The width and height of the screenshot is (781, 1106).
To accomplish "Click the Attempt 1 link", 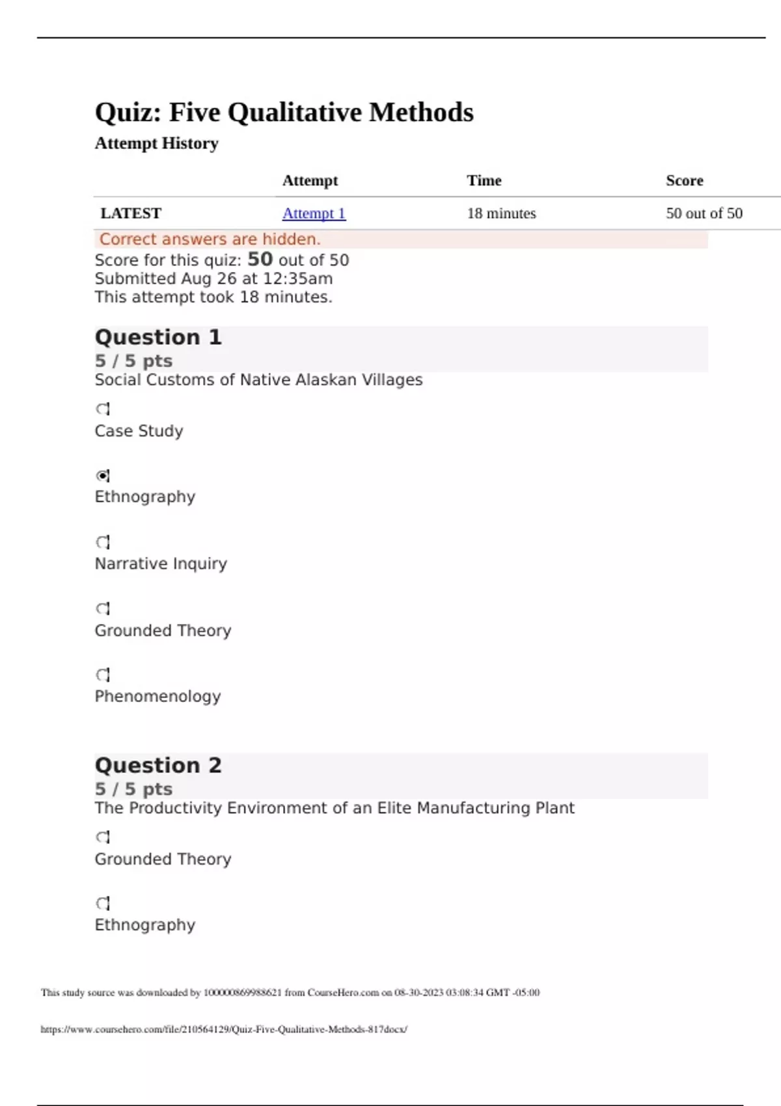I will (314, 213).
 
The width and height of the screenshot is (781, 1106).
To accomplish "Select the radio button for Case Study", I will (103, 409).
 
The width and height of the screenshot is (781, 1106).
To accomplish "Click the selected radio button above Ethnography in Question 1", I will (103, 476).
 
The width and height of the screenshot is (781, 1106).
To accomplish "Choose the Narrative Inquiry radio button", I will (103, 542).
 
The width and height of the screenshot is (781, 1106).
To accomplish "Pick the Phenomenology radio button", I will (103, 675).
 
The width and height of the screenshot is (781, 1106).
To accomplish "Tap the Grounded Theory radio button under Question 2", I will (103, 837).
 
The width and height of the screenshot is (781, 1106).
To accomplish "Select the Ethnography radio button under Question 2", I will (103, 904).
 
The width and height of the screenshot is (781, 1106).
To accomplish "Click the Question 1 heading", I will (158, 337).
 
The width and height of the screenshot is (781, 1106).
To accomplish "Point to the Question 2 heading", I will (158, 765).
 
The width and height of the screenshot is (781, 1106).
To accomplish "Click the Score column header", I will (684, 181).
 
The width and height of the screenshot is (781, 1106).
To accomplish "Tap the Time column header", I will (484, 181).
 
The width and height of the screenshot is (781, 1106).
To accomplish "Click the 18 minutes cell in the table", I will (501, 213).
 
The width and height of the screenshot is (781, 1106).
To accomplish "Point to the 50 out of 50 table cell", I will (704, 213).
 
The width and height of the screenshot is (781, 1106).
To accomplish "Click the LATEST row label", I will (131, 213).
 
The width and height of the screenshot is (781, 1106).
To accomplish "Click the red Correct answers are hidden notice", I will (210, 239).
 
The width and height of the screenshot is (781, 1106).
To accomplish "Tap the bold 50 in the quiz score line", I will (260, 260).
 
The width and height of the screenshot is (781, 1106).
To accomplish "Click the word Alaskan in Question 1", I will (326, 380).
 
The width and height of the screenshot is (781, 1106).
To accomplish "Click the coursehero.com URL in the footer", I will (224, 1029).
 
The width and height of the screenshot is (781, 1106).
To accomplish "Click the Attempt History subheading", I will (156, 143).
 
